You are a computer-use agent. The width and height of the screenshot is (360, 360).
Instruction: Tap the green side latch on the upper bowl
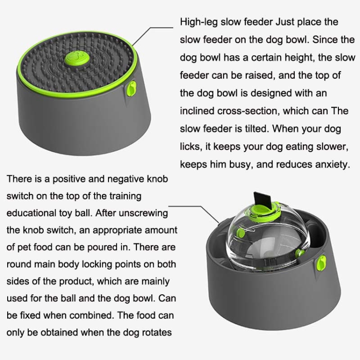(132, 90)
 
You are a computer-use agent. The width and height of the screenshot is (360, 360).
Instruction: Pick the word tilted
(255, 129)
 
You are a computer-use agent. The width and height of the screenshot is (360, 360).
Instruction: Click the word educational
(31, 213)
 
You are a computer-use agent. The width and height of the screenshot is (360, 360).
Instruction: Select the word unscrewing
(144, 214)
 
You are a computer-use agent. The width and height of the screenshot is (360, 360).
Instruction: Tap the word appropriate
(116, 230)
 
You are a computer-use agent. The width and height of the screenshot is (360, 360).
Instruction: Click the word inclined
(197, 111)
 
